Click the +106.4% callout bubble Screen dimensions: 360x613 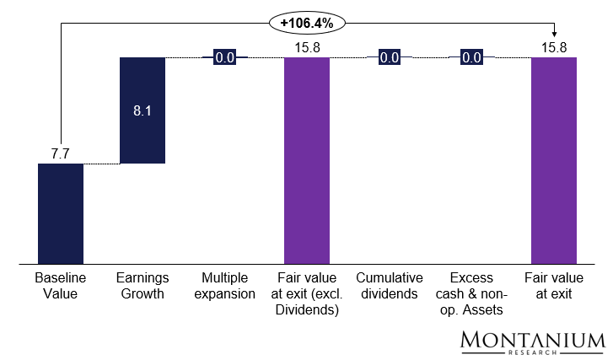coord(307,24)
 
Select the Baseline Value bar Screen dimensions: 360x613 coord(61,213)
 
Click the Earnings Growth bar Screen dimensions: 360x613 coord(142,110)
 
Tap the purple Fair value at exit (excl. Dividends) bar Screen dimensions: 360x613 coord(307,160)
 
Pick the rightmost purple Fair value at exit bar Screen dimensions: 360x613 coord(553,160)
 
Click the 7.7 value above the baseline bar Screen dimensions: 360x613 coord(61,154)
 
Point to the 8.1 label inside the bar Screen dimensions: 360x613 coord(142,110)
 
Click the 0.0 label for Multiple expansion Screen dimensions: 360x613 coord(224,58)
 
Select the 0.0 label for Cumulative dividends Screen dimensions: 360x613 coord(389,58)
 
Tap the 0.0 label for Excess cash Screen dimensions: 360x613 coord(471,58)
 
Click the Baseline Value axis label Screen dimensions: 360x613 coord(61,286)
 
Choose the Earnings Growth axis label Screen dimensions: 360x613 coord(142,286)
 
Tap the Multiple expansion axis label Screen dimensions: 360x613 coord(224,286)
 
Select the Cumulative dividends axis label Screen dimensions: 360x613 coord(389,286)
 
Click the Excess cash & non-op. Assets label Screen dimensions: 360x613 coord(471,293)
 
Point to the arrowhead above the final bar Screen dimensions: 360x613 coord(553,34)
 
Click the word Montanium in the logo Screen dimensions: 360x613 coord(533,340)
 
